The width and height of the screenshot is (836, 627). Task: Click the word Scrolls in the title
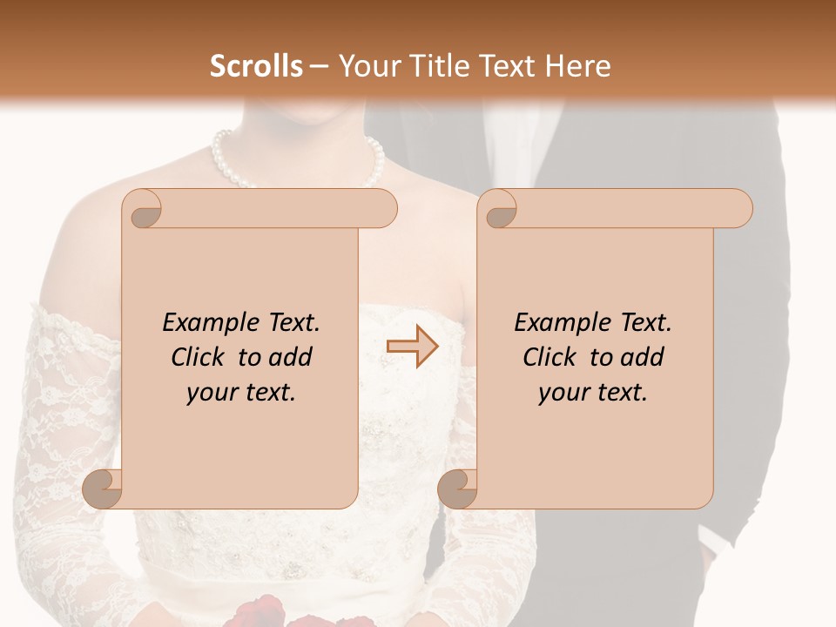[256, 65]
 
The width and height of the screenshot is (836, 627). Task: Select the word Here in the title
[577, 65]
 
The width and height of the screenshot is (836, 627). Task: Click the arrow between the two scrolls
[412, 347]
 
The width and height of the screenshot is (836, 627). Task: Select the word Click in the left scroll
[200, 357]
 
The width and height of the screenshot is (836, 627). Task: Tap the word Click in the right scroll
[552, 357]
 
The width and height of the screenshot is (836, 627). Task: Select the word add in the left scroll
[291, 357]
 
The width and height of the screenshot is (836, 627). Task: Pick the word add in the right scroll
[643, 357]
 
